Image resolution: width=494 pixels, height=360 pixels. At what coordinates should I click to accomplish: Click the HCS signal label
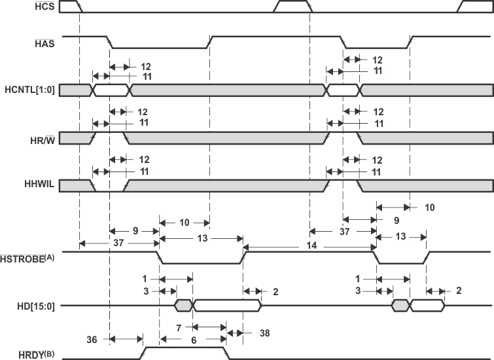click(44, 6)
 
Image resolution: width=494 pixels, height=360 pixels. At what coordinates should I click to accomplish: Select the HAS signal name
click(44, 43)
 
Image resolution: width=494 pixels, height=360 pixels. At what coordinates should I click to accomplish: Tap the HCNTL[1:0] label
click(29, 90)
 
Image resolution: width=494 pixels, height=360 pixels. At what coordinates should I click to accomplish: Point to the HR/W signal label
click(43, 139)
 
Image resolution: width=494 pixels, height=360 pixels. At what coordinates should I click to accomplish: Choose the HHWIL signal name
click(39, 184)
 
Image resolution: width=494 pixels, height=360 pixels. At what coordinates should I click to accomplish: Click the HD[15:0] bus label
click(36, 306)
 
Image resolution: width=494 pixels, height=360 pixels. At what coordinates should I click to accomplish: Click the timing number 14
click(311, 245)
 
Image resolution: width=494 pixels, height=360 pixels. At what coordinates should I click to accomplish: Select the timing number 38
click(264, 333)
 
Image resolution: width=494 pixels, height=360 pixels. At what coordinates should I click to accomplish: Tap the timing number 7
click(179, 328)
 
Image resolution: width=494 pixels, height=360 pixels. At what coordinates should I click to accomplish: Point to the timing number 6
click(194, 340)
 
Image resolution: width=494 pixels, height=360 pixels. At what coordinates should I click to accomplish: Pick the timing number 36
click(92, 340)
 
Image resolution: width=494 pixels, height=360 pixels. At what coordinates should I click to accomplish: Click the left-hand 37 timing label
click(118, 243)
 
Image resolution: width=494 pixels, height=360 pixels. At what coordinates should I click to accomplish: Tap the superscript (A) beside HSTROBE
click(50, 257)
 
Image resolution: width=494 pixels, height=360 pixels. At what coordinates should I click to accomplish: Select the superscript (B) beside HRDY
click(49, 353)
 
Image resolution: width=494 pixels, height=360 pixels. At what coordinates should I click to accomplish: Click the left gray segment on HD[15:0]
click(183, 306)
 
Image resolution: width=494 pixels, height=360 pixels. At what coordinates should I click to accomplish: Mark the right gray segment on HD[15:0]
click(400, 306)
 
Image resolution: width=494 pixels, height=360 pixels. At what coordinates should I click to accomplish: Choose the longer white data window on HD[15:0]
click(227, 306)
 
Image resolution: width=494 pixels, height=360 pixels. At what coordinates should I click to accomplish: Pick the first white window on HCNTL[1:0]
click(111, 90)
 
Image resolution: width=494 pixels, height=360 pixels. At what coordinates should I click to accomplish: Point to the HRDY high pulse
click(185, 353)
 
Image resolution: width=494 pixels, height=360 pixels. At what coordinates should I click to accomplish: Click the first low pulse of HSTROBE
click(200, 258)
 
